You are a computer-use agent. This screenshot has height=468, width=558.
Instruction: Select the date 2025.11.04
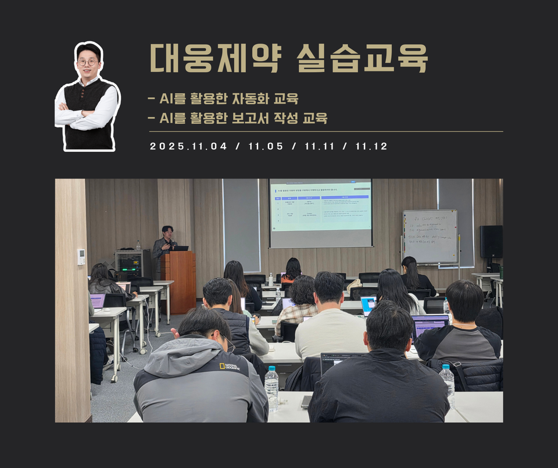click(x=188, y=147)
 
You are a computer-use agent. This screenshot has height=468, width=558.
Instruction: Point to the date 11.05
click(x=266, y=147)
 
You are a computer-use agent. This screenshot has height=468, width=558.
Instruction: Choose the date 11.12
click(x=371, y=147)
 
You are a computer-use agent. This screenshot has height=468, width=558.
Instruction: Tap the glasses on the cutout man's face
click(x=88, y=62)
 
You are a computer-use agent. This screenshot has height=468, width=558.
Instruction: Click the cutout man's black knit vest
click(x=88, y=113)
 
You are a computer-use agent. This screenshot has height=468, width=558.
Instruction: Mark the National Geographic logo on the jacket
click(x=230, y=366)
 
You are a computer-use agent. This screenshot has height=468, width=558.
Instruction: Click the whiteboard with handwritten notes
click(x=430, y=237)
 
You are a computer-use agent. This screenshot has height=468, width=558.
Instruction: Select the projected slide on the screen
click(x=320, y=205)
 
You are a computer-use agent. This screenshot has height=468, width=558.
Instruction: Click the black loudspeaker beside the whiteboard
click(x=491, y=241)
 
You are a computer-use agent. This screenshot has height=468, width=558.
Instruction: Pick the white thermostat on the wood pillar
click(x=81, y=256)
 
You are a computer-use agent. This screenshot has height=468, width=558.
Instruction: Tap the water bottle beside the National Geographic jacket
click(x=271, y=388)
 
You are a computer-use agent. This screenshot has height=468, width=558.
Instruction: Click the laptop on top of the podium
click(x=181, y=248)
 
